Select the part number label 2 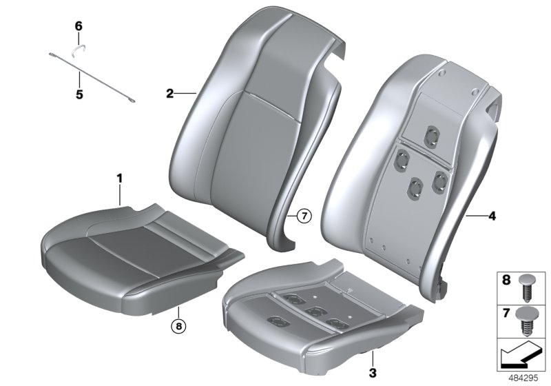(169, 92)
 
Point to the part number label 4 (491, 216)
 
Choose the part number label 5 (79, 94)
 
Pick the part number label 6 (79, 26)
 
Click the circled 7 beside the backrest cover (304, 216)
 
